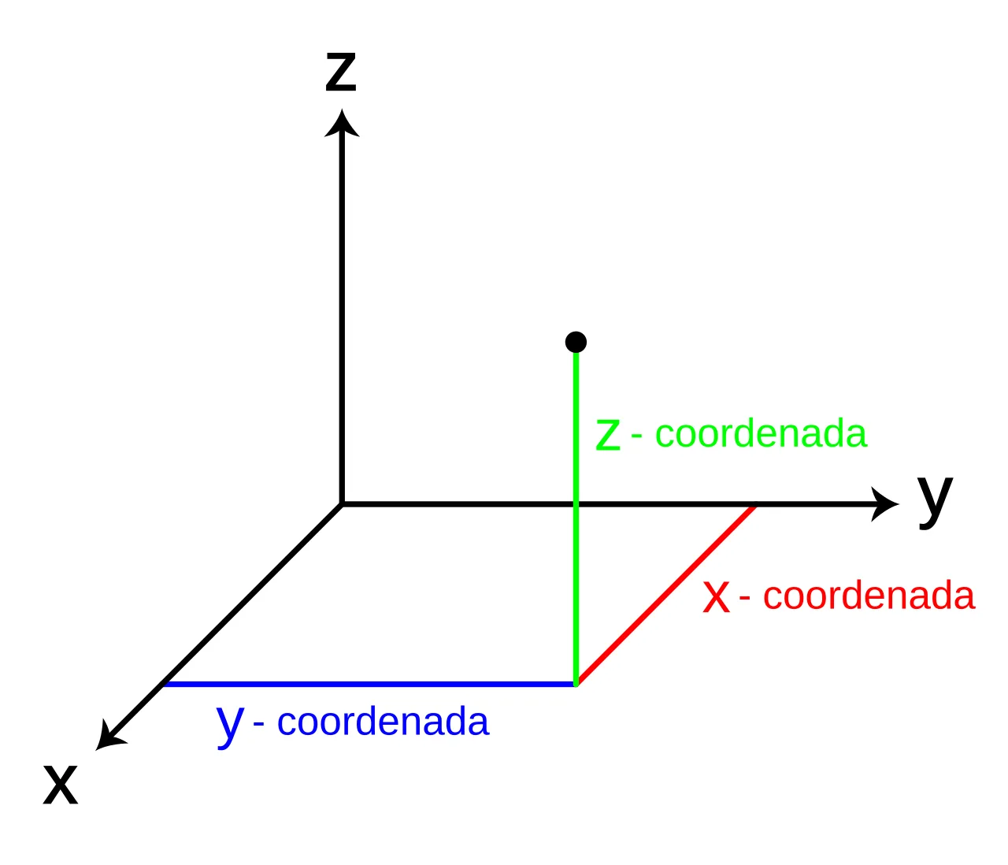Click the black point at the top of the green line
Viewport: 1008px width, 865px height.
click(576, 342)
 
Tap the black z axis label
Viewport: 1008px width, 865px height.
click(341, 71)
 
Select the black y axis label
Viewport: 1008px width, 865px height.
click(935, 502)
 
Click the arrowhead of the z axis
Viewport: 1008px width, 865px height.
click(342, 123)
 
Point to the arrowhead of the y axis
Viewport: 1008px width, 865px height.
click(884, 504)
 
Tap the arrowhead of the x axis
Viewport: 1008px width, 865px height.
click(110, 735)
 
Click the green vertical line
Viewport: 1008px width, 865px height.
click(576, 518)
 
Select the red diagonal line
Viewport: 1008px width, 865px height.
click(665, 595)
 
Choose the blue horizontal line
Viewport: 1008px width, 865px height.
click(369, 685)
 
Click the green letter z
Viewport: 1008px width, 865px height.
click(608, 435)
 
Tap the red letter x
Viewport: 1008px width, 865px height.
click(717, 596)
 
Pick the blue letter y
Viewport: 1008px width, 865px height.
click(230, 726)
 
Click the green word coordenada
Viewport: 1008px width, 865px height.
click(761, 432)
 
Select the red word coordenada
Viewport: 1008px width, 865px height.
click(869, 596)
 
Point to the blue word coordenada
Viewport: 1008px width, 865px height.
click(383, 722)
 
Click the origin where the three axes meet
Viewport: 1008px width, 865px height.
click(342, 504)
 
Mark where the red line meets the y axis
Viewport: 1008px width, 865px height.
click(754, 505)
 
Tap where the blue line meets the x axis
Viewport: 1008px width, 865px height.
click(165, 684)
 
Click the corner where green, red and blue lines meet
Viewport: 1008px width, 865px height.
click(576, 684)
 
